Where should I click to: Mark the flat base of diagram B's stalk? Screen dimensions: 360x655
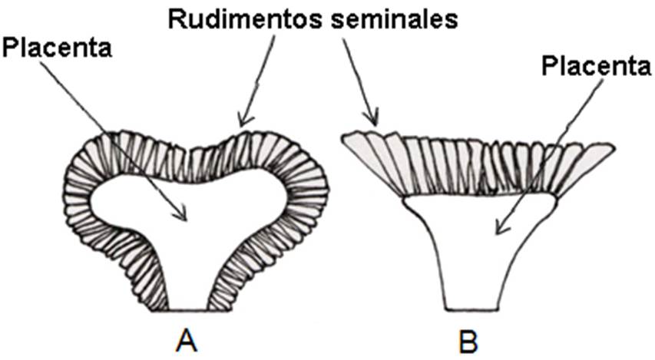pos(473,309)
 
